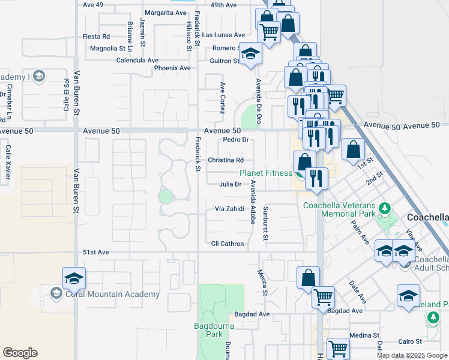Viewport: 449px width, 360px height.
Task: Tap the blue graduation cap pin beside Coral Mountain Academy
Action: coord(74,278)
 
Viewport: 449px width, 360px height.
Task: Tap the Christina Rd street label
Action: coord(226,160)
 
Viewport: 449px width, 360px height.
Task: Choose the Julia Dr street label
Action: coord(230,184)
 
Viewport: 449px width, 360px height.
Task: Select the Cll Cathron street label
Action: coord(228,244)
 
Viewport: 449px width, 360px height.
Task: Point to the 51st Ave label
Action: coord(95,253)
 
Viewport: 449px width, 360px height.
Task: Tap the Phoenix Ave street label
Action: coord(172,68)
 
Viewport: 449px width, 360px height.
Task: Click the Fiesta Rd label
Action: coord(97,37)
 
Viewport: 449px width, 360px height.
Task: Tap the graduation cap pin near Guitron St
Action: coord(251,55)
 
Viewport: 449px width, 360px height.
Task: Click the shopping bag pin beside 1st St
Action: coord(354,148)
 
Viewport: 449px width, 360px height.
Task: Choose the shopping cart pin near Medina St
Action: coord(338,348)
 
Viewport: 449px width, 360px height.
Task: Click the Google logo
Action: coord(20,353)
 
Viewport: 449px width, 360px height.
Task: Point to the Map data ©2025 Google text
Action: coord(412,355)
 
